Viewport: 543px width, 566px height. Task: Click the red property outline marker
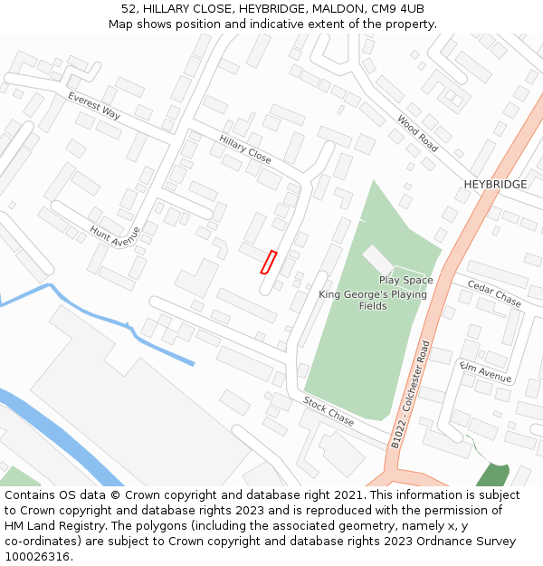pyautogui.click(x=268, y=262)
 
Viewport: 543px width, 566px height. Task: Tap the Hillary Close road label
pyautogui.click(x=245, y=149)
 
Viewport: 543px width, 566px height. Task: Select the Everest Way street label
pyautogui.click(x=93, y=105)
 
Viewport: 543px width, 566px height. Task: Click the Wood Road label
pyautogui.click(x=417, y=133)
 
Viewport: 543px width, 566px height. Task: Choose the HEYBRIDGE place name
pyautogui.click(x=495, y=185)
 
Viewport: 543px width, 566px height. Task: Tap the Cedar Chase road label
pyautogui.click(x=494, y=293)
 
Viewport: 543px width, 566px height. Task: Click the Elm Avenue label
pyautogui.click(x=486, y=371)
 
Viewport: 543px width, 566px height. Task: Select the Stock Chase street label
pyautogui.click(x=329, y=411)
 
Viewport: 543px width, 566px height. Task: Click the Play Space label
pyautogui.click(x=405, y=281)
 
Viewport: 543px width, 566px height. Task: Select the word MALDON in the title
pyautogui.click(x=339, y=9)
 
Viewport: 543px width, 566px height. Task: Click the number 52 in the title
pyautogui.click(x=129, y=9)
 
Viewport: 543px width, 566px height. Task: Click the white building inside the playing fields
pyautogui.click(x=377, y=260)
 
